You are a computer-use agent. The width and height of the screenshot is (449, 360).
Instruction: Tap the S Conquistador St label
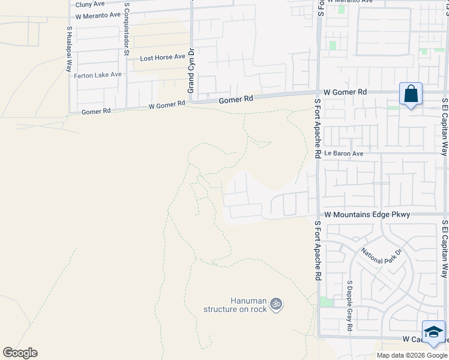click(x=127, y=29)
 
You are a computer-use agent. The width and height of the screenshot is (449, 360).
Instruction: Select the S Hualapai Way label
click(x=70, y=49)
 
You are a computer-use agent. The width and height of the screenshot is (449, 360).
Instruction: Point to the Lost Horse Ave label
click(x=163, y=58)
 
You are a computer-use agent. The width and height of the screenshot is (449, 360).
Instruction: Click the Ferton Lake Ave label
click(x=98, y=75)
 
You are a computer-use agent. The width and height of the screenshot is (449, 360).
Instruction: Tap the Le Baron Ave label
click(x=344, y=154)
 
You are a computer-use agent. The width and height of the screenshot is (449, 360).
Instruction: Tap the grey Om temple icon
click(x=276, y=304)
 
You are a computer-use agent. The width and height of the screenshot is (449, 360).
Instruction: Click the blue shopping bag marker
click(x=411, y=94)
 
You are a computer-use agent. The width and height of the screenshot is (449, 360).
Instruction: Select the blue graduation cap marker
click(x=433, y=332)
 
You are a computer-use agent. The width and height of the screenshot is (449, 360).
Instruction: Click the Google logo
click(x=20, y=353)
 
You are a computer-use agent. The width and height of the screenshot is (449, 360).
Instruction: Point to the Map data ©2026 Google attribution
click(x=411, y=355)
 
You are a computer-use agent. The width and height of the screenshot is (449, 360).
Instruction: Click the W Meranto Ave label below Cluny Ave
click(x=98, y=15)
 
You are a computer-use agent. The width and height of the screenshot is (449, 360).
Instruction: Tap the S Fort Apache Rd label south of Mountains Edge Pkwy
click(x=318, y=251)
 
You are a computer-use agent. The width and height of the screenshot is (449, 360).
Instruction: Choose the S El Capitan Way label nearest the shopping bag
click(x=445, y=127)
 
